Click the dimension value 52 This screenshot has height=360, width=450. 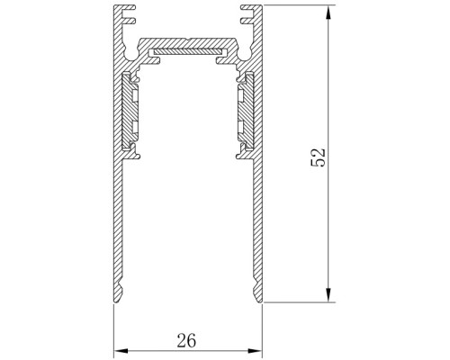[x=318, y=157]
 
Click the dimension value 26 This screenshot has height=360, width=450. [x=186, y=340]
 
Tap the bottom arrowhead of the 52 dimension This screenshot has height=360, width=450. [x=328, y=295]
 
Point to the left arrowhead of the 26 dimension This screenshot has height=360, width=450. [x=121, y=351]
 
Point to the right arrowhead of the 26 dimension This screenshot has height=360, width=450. [x=255, y=351]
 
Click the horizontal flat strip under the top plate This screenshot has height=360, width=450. [x=188, y=51]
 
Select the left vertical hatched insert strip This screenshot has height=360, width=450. [x=130, y=111]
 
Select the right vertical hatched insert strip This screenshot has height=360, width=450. [x=246, y=111]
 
